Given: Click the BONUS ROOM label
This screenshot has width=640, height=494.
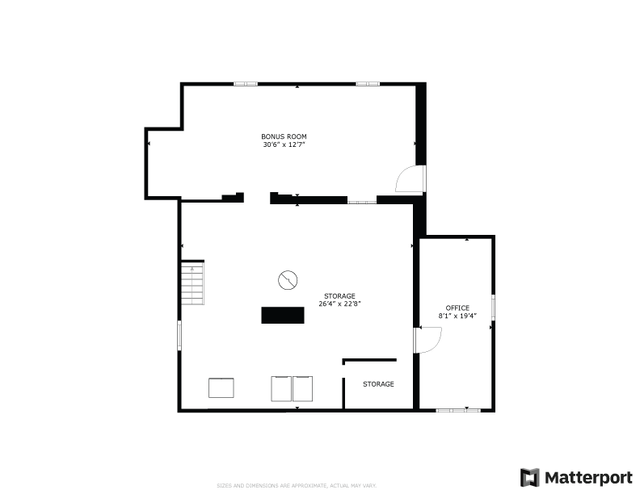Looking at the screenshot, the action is coord(284,136).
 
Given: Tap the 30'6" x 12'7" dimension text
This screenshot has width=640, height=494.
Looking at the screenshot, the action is coord(284,144).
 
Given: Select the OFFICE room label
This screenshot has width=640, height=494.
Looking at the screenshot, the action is coord(457,308).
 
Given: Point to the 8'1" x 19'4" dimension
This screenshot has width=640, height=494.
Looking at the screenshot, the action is coord(457,316).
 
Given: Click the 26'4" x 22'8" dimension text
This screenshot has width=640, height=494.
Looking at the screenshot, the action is coord(339,304).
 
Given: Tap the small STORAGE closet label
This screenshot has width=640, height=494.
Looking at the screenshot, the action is coord(378,384).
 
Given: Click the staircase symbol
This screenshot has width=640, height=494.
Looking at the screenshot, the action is coord(192,283).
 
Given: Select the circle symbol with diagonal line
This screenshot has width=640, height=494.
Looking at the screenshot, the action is coord(288,280).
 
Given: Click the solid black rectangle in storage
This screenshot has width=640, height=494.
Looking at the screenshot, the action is coord(283,315).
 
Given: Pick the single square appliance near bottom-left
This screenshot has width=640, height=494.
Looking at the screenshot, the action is coord(221,387).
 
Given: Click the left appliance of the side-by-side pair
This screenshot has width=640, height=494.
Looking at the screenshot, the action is coord(281,389).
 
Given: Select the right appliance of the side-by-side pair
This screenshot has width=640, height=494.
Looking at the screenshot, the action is coord(302,389).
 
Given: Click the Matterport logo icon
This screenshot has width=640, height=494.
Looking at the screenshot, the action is coord(530,477).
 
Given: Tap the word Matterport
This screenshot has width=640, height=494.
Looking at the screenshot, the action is coord(588,478).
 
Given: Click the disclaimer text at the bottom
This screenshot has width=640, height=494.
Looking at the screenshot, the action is coord(297,485).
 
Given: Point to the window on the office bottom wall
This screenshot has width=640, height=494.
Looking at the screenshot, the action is coord(458,410).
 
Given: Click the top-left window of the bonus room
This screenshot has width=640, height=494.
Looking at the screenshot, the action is coord(246,84).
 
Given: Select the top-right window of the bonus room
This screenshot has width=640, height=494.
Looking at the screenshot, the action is coord(368,84).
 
